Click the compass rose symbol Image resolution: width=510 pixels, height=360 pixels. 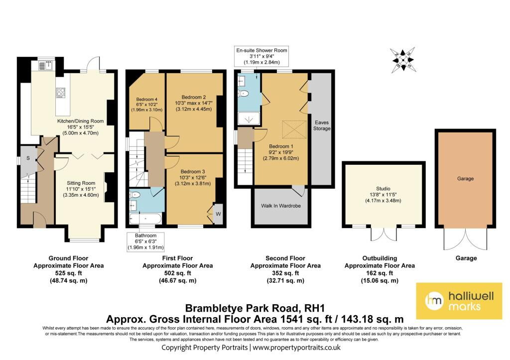click(x=402, y=60)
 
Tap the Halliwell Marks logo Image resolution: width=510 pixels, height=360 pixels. click(x=459, y=301)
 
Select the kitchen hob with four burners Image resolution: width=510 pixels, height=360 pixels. click(x=60, y=92)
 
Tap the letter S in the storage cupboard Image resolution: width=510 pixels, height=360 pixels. click(x=28, y=158)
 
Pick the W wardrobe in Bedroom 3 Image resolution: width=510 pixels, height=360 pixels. click(x=218, y=214)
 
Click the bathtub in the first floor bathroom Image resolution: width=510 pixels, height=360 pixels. click(x=145, y=219)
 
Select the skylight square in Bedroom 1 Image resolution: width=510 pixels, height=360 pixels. click(x=294, y=129)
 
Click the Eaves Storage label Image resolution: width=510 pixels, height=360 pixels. click(x=322, y=125)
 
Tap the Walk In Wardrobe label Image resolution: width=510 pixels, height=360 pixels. click(x=281, y=206)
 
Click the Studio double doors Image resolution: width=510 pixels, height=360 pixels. click(x=384, y=234)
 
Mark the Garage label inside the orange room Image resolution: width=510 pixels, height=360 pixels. click(x=466, y=179)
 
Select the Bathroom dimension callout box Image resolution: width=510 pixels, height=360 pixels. click(x=145, y=241)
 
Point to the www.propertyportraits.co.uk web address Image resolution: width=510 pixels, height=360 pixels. click(x=297, y=348)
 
